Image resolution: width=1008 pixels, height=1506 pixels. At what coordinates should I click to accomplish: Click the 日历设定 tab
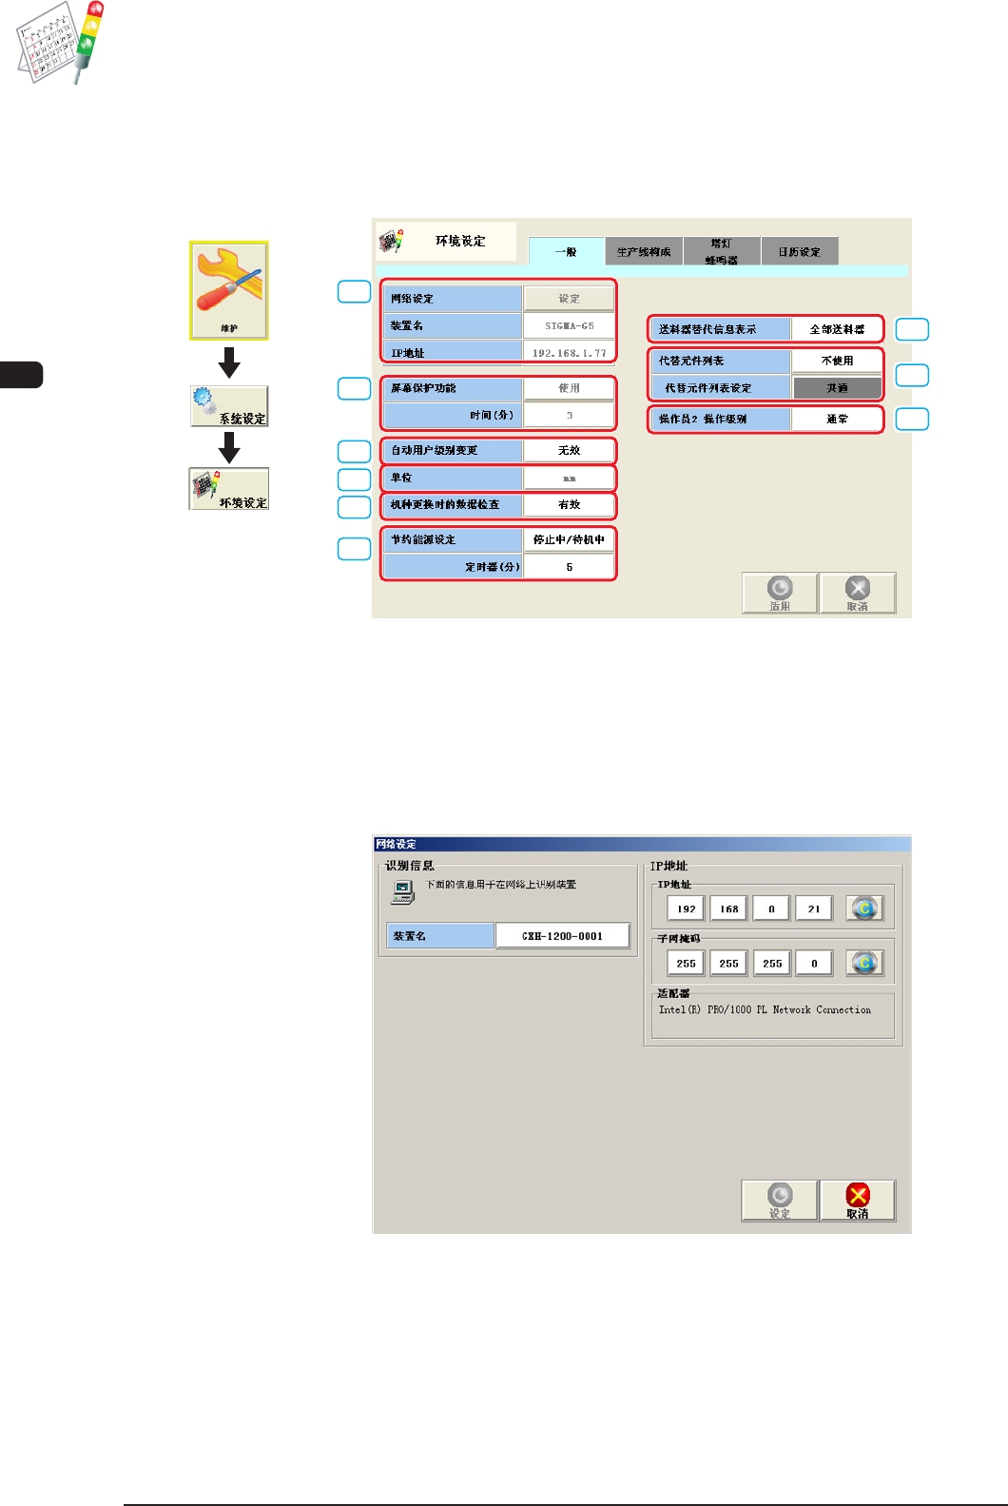[799, 251]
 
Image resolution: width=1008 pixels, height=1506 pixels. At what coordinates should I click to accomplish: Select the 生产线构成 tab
[644, 251]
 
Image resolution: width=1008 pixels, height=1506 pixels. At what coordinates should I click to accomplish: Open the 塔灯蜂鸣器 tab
[722, 251]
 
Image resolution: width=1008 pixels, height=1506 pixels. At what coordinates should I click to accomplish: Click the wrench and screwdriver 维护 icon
[229, 290]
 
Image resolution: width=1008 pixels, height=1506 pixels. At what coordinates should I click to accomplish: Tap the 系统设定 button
[229, 406]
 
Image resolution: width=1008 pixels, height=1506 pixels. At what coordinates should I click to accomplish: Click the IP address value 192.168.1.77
[569, 353]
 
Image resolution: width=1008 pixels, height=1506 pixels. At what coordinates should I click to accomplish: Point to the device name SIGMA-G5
[569, 325]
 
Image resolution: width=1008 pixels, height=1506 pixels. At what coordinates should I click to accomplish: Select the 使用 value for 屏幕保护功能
[569, 388]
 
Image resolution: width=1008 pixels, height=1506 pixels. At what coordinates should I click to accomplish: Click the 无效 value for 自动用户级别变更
[569, 450]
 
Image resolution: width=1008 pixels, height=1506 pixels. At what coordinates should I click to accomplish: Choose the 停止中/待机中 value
[569, 539]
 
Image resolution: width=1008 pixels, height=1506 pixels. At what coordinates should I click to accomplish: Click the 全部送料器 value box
[837, 329]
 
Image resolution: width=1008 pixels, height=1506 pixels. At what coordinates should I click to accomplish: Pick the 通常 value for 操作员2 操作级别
[837, 419]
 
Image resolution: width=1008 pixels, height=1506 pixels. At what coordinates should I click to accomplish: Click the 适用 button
[780, 593]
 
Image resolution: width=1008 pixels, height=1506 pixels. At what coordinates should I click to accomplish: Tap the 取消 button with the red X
[857, 1200]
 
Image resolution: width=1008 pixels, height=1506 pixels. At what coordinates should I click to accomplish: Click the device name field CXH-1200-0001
[562, 936]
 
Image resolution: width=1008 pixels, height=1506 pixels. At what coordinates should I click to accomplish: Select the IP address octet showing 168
[728, 909]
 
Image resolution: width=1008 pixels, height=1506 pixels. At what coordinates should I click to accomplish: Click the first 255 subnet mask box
[686, 963]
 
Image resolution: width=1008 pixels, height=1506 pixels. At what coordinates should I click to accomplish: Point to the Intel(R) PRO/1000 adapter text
[765, 1009]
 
